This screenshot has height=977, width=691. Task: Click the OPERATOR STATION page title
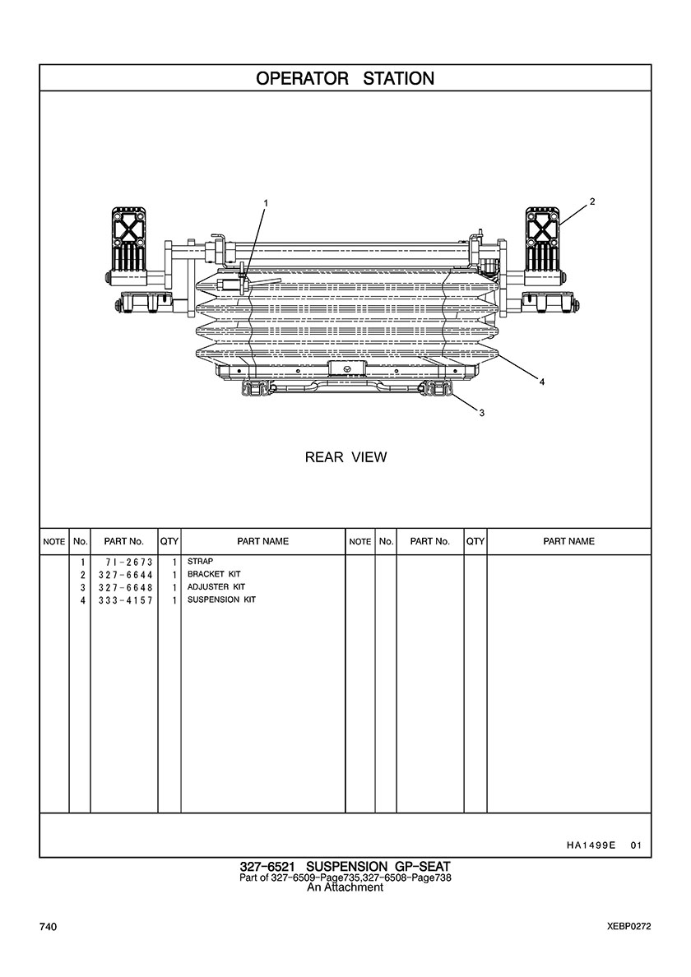345,79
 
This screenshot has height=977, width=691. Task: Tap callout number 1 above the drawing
266,202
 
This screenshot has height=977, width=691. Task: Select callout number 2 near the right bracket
592,201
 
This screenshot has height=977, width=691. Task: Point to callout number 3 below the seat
481,413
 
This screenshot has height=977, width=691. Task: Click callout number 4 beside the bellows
541,382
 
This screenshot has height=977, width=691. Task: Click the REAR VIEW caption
345,457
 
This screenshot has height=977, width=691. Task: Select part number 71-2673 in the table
123,562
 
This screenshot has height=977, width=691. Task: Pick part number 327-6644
123,575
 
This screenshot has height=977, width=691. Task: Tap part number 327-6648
123,588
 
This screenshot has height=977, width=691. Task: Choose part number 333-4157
123,601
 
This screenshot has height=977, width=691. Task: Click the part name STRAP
200,562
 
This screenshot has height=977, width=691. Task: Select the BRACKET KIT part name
215,574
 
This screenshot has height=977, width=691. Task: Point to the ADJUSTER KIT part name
216,587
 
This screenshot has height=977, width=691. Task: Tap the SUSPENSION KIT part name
221,600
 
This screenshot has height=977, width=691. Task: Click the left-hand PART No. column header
123,542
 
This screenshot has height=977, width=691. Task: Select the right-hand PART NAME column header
568,542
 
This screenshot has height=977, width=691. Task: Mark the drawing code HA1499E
591,845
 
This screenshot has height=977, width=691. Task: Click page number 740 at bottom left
48,928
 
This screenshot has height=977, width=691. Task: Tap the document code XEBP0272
624,927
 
